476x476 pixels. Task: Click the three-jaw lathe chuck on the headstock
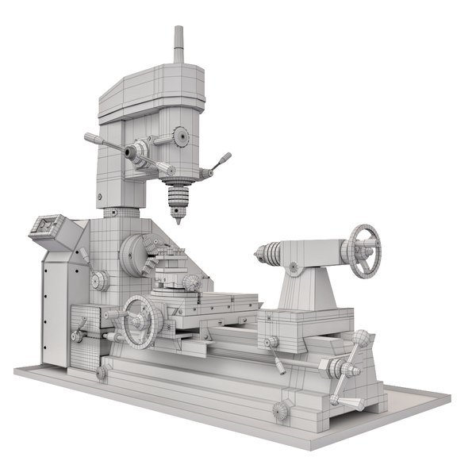pyautogui.click(x=140, y=255)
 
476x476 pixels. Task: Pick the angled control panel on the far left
pyautogui.click(x=49, y=228)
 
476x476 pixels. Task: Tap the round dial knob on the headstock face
pyautogui.click(x=100, y=280)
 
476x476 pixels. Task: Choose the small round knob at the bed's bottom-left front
pyautogui.click(x=102, y=372)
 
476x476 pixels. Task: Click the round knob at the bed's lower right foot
pyautogui.click(x=280, y=410)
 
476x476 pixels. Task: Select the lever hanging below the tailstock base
pyautogui.click(x=275, y=355)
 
